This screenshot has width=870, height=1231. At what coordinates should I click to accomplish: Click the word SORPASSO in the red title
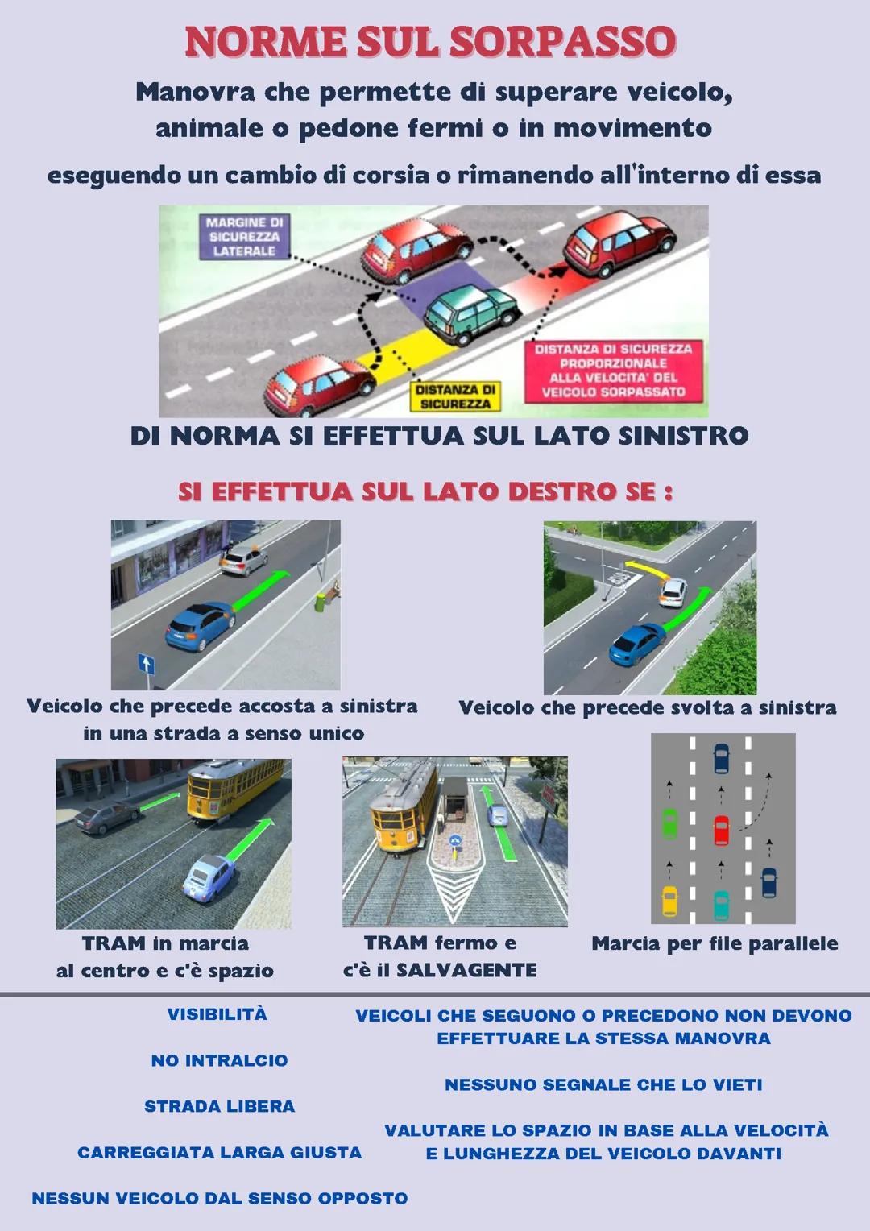click(x=562, y=42)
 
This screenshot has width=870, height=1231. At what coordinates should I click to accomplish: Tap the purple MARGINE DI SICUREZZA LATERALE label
click(x=244, y=237)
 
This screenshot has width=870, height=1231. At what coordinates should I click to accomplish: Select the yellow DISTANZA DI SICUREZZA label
click(x=455, y=396)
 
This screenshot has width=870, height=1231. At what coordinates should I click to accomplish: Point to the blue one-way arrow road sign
click(x=146, y=664)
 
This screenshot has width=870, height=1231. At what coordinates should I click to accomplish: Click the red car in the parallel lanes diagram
click(x=721, y=830)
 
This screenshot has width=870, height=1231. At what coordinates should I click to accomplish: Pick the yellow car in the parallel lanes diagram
click(x=669, y=901)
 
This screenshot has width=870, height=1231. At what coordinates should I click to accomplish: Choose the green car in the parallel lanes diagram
click(x=669, y=823)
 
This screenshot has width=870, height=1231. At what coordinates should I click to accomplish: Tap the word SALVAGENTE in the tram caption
click(x=466, y=970)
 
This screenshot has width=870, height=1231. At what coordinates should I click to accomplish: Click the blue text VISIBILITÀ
click(x=217, y=1014)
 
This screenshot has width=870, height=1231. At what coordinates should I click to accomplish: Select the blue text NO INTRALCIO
click(x=219, y=1060)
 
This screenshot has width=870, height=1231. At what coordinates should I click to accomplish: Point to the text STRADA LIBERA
click(x=219, y=1106)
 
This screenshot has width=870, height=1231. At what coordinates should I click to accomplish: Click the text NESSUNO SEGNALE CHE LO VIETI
click(x=603, y=1084)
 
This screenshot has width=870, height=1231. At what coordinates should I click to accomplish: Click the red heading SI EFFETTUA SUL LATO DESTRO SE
click(x=425, y=491)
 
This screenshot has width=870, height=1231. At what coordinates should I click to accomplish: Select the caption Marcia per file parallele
click(x=715, y=943)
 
